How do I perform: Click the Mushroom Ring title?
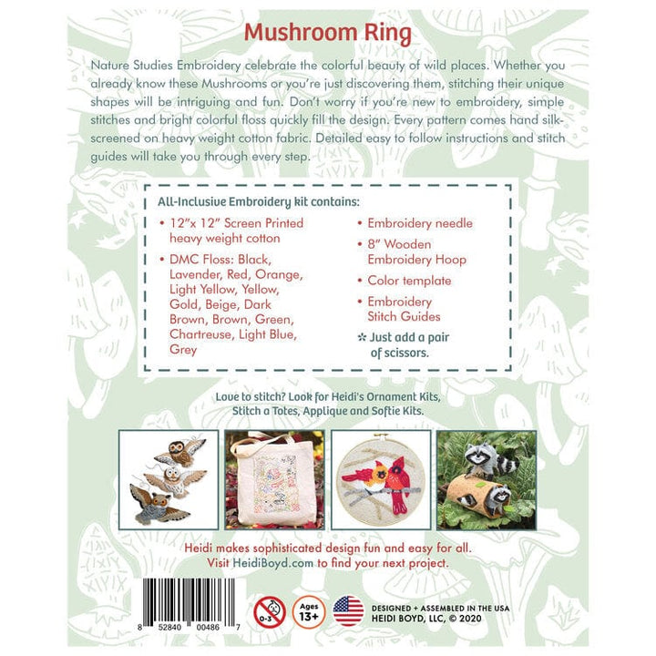327,34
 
